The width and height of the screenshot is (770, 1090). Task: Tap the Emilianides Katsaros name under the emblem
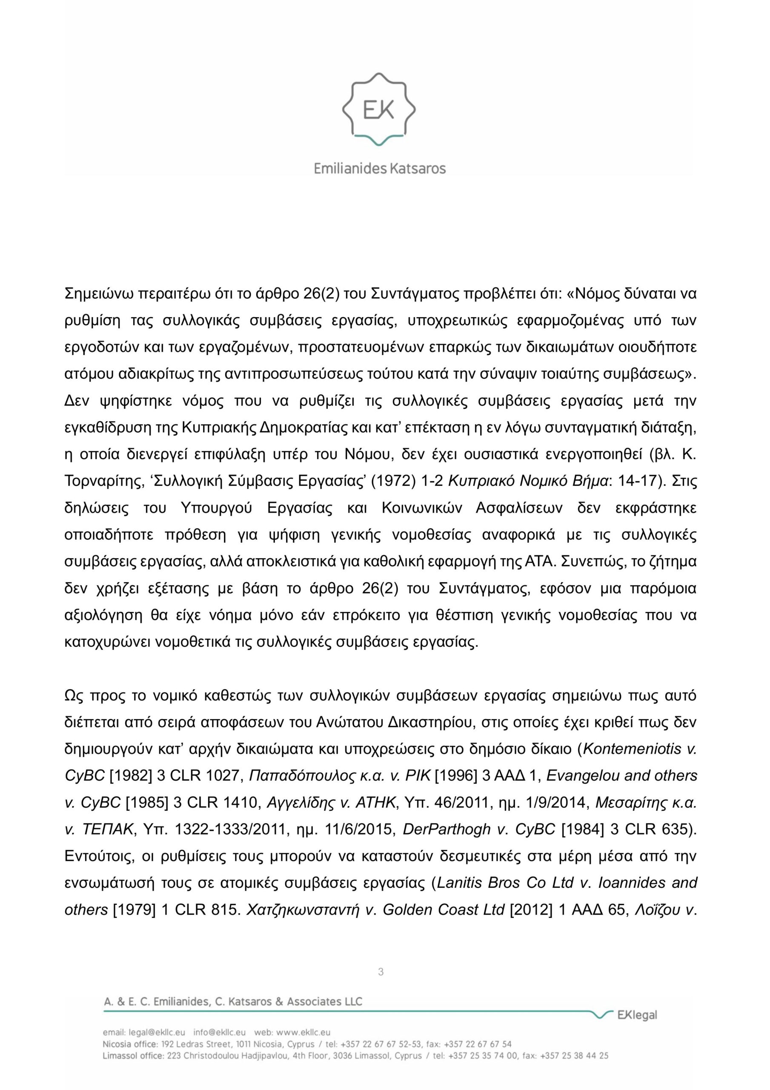point(379,169)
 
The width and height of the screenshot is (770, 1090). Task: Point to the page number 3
point(380,972)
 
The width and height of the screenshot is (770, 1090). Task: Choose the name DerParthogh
point(446,829)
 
